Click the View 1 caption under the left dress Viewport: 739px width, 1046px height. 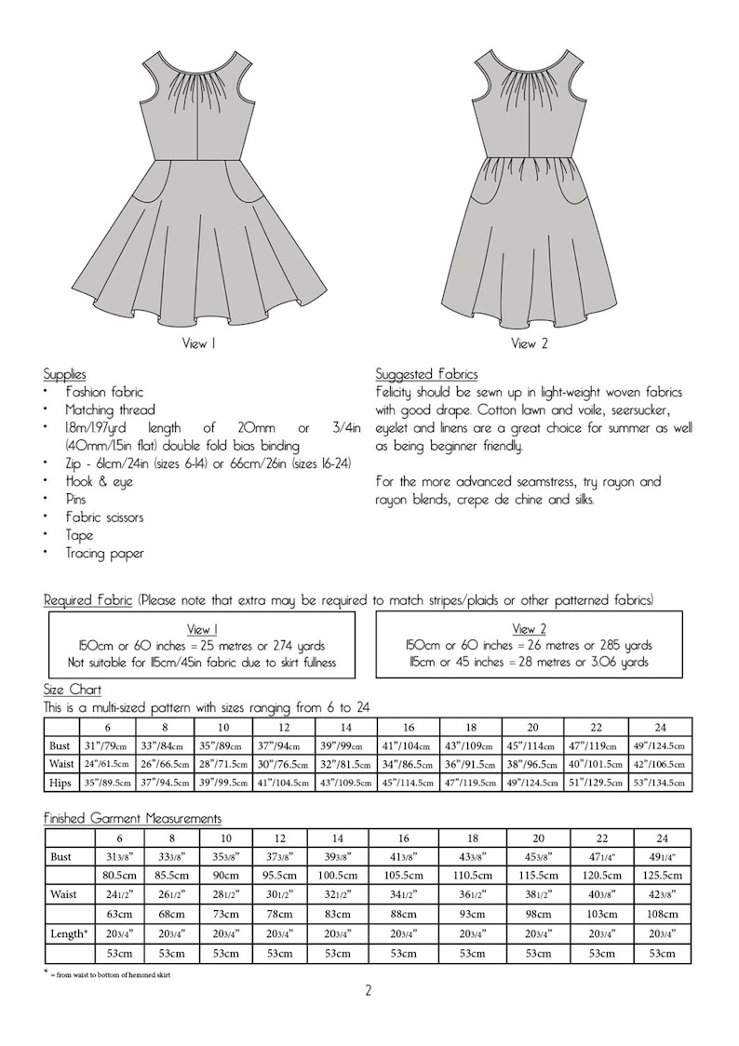(199, 343)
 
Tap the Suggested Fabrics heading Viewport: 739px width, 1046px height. (426, 374)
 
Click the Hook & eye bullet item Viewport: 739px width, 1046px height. (99, 481)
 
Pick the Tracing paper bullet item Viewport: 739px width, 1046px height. (104, 553)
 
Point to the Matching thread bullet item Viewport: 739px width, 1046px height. (110, 409)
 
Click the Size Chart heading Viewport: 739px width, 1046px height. (68, 690)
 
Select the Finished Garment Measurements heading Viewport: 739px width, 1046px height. (132, 818)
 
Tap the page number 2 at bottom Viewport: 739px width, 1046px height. (369, 990)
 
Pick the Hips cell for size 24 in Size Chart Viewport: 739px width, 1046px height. (661, 783)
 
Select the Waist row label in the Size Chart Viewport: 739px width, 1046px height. (62, 764)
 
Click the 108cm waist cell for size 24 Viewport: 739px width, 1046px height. (661, 913)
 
